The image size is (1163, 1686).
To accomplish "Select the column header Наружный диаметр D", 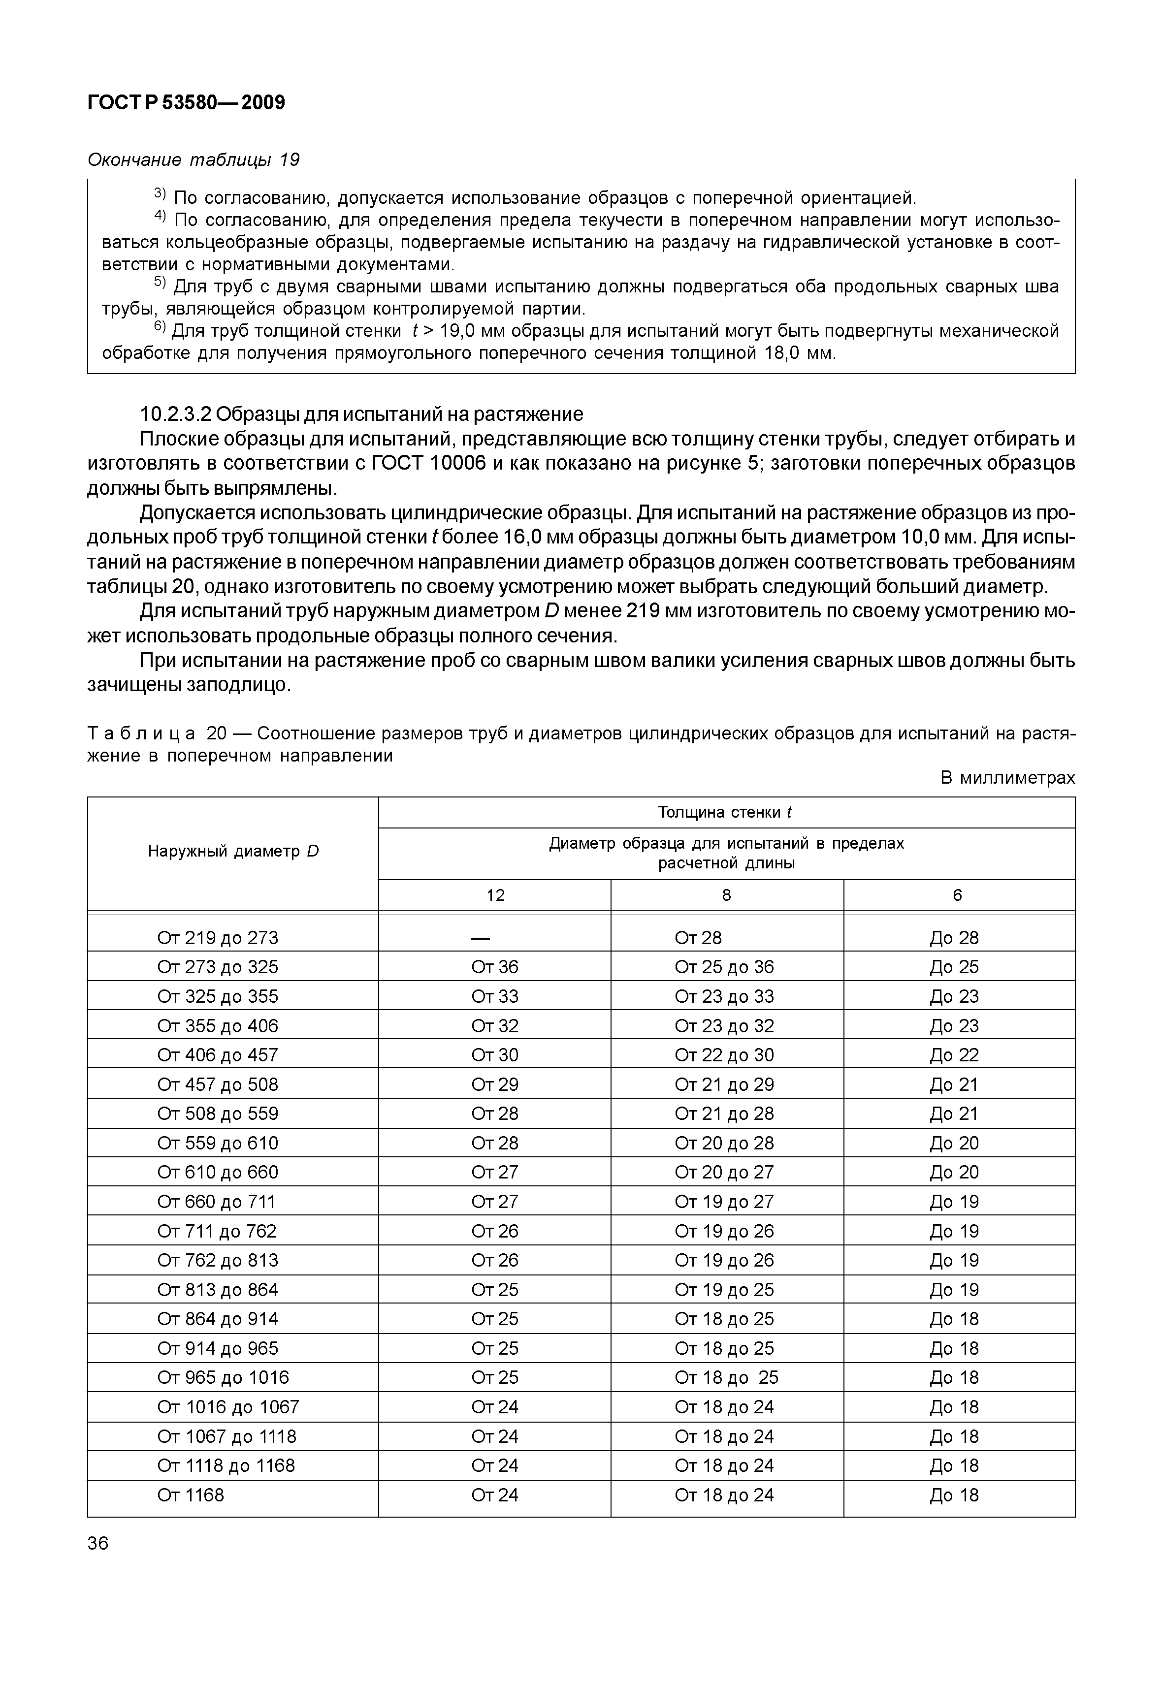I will [x=233, y=851].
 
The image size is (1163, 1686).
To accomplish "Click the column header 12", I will [x=495, y=895].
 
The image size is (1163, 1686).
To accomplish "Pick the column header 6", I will [x=958, y=895].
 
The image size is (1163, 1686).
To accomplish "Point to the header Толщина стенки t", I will [x=725, y=812].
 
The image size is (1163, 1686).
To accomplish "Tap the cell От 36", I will [x=495, y=967].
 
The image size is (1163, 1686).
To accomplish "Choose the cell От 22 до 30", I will [x=724, y=1055].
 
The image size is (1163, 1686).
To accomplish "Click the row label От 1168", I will [x=191, y=1495].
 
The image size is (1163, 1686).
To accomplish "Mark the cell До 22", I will [x=954, y=1055].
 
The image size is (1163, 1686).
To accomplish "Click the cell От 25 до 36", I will [x=724, y=967].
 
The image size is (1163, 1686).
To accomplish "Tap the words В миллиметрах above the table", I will [x=1007, y=778].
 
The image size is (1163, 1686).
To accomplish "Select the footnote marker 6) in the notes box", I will [x=161, y=330].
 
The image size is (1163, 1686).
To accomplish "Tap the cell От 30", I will [x=495, y=1055].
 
